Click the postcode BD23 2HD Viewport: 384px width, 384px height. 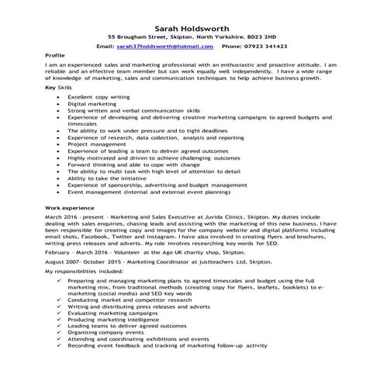pos(258,36)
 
